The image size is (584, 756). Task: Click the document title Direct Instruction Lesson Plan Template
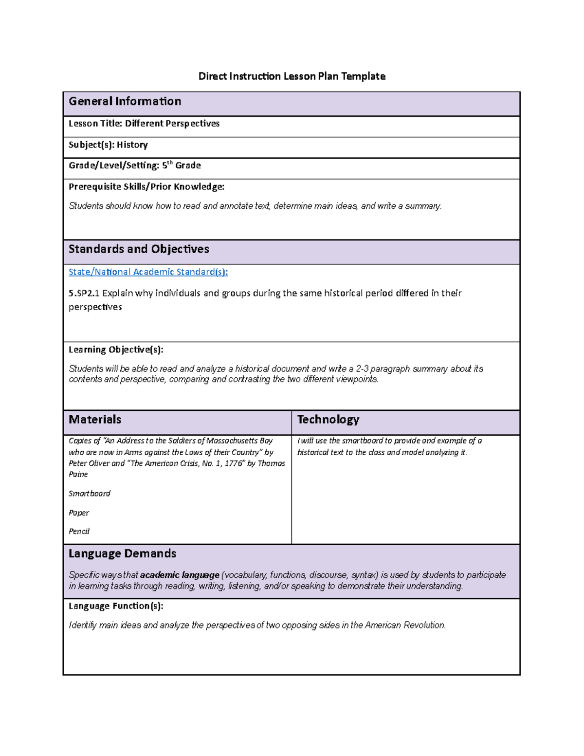292,76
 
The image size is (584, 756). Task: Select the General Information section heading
125,101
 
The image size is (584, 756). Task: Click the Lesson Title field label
95,124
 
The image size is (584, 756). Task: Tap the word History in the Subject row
132,145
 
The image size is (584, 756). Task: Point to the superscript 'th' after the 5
170,163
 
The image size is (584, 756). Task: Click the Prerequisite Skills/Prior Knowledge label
146,186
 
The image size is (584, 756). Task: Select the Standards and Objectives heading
139,249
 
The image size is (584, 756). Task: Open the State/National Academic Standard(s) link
148,272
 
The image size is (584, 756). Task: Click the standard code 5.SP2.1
84,293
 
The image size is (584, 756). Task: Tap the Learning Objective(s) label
116,350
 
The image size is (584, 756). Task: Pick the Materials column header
95,420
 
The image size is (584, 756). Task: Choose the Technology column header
328,420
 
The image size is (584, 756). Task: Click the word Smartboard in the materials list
90,494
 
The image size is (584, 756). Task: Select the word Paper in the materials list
79,513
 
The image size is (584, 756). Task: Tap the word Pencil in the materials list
79,532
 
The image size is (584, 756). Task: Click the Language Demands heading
122,553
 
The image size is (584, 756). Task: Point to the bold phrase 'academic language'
180,575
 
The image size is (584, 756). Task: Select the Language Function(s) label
116,606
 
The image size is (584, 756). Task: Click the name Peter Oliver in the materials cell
89,463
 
